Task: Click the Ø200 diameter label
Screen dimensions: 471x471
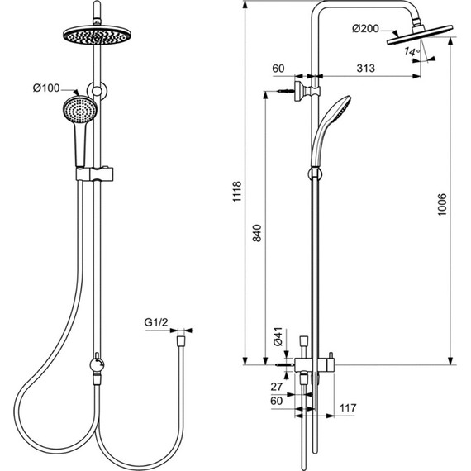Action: point(365,29)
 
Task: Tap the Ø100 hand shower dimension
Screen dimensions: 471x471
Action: point(46,88)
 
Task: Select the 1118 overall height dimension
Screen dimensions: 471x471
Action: point(237,192)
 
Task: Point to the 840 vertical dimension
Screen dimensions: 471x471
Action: point(257,233)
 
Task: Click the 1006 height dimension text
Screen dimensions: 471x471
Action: point(442,205)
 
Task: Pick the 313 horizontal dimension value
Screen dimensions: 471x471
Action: point(366,69)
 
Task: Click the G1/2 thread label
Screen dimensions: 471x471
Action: point(156,322)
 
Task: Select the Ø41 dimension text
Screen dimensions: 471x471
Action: point(278,336)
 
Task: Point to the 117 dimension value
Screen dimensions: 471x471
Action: point(348,408)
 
